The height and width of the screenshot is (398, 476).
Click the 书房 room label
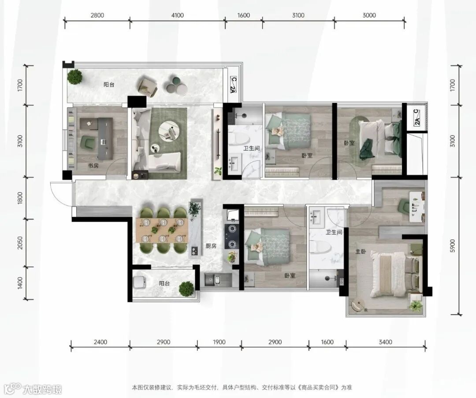coord(93,166)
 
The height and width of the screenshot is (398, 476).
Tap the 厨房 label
coord(211,246)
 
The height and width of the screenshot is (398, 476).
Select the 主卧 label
coord(361,252)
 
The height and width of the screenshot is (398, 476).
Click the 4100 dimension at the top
coord(178,15)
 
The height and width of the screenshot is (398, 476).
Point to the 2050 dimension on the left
coord(20,243)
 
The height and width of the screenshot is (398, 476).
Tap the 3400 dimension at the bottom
coord(386,342)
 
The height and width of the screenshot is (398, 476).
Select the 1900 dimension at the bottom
coord(219,342)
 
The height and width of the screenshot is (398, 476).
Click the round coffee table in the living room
coord(170,131)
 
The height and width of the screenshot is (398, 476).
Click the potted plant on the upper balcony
coord(74,77)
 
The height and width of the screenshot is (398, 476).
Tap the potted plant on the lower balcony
coord(186,289)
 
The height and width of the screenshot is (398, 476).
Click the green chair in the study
coord(88,143)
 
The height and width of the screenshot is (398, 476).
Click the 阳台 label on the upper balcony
coord(109,85)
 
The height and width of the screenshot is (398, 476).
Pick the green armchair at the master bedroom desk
coord(404,206)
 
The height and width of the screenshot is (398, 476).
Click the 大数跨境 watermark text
coord(42,389)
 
